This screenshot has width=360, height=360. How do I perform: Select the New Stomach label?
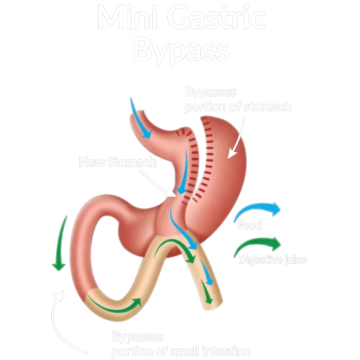coord(117,162)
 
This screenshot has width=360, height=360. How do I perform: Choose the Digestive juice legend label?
coord(272,260)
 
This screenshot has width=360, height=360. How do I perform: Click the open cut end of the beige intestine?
coord(214,304)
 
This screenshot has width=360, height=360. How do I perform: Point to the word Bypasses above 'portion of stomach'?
coord(211,92)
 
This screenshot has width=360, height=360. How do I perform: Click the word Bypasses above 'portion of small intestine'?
coord(137,337)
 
